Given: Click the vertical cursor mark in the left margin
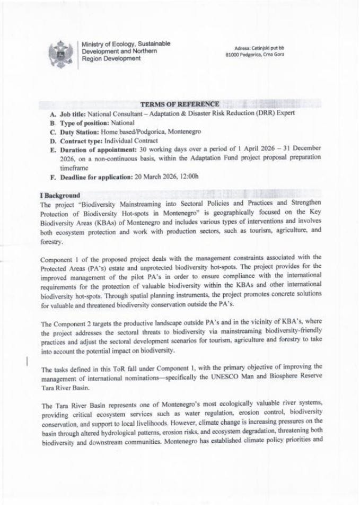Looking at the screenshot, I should pos(27,362).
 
